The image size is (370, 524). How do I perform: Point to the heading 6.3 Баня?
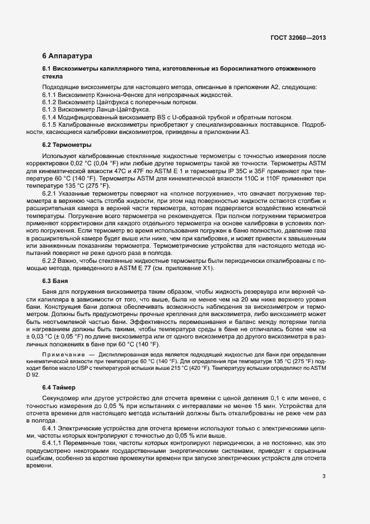(x=55, y=281)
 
